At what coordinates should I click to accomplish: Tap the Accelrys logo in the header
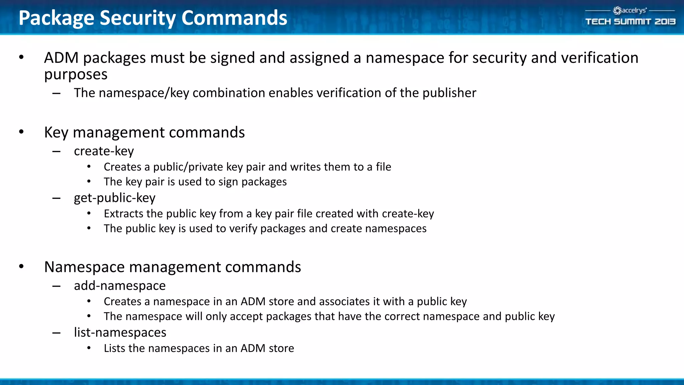630,11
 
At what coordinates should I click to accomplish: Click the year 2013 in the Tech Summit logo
665,22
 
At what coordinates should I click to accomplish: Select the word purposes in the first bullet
76,75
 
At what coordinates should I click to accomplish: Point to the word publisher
449,93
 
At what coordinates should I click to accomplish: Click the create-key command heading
104,151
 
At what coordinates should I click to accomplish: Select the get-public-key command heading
115,198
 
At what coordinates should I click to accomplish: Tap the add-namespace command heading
120,286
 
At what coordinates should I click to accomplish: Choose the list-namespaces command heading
120,333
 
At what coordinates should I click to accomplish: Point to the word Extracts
122,214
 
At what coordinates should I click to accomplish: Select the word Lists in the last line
114,348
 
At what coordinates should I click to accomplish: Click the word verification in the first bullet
600,58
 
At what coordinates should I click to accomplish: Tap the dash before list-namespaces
56,333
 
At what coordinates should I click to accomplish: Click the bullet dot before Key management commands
21,132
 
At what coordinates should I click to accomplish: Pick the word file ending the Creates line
383,167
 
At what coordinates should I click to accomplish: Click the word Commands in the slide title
234,18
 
